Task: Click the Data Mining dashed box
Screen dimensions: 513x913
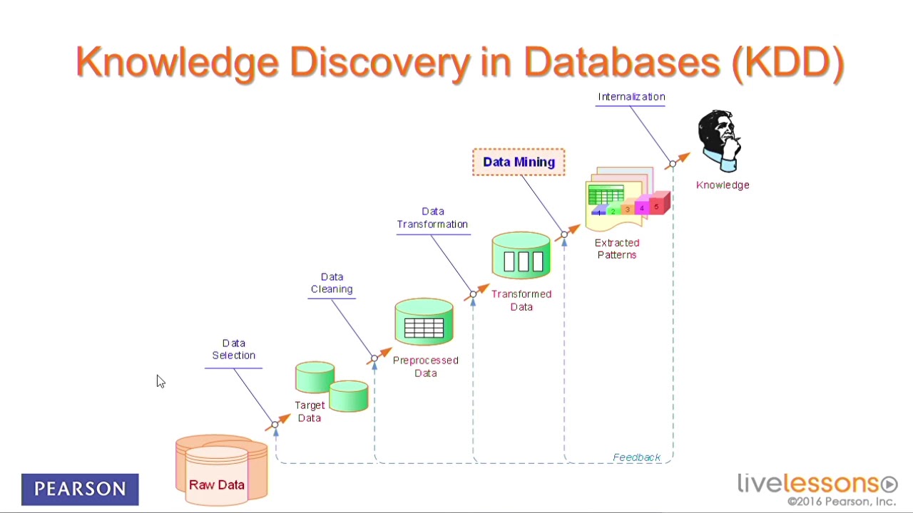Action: (519, 162)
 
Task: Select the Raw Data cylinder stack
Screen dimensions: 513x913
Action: (221, 470)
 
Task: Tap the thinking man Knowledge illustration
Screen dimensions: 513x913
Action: (720, 141)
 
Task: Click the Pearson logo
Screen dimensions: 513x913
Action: (80, 489)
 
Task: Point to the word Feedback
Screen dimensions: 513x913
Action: (636, 457)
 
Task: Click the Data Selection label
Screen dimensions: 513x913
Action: (233, 349)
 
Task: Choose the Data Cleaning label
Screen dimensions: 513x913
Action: (332, 283)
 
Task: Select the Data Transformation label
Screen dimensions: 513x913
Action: (432, 218)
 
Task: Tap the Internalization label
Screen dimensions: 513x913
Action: (631, 97)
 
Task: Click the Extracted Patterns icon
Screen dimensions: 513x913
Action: (626, 199)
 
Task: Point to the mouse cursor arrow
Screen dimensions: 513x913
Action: (160, 381)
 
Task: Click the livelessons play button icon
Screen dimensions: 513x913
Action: (889, 484)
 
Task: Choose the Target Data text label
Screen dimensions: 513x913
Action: (310, 412)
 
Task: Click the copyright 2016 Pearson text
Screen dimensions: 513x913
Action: (841, 502)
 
